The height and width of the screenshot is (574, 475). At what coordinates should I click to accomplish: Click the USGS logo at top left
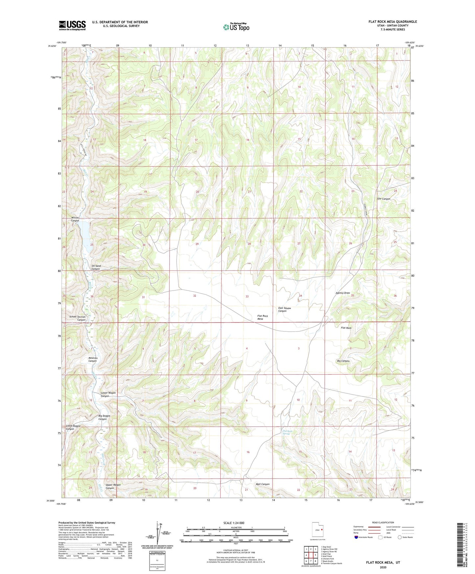point(72,25)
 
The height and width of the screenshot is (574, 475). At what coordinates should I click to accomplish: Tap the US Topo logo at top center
point(236,27)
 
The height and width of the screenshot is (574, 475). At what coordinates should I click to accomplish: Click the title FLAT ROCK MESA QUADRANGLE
point(392,22)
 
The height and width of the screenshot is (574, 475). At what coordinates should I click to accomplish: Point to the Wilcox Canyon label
point(75,219)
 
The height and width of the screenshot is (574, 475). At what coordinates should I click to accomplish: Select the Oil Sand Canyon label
point(96,267)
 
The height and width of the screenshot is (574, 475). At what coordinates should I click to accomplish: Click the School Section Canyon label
point(78,318)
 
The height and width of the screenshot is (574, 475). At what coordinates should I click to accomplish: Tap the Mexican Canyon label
point(93,360)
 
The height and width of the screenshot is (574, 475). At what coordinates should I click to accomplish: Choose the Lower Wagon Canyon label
point(108,395)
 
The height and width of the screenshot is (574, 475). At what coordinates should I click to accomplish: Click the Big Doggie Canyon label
point(104,418)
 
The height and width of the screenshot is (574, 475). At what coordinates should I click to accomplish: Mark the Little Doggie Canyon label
point(73,427)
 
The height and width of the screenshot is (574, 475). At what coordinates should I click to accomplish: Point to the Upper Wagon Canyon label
point(113,487)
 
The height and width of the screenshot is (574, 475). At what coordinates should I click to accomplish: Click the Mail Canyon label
point(263,484)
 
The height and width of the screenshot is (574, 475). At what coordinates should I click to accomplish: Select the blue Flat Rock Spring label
point(288,433)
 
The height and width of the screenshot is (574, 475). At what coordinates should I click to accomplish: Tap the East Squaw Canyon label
point(284,309)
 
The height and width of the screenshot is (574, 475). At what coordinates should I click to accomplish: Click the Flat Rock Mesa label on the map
point(262,317)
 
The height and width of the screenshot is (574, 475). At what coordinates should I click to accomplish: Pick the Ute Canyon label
point(384,199)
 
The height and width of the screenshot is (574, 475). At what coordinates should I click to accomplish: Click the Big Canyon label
point(343,361)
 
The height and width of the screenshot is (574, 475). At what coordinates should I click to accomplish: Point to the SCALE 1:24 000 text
point(234,523)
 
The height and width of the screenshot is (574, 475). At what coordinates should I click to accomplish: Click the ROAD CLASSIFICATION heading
point(383,522)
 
